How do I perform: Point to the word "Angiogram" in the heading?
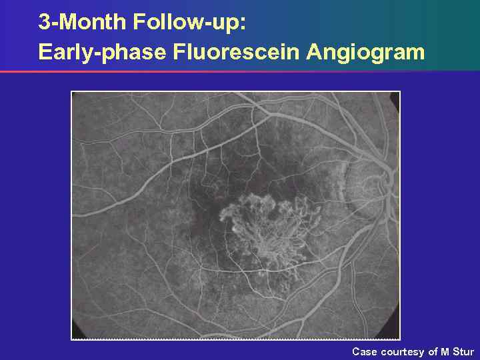click(x=365, y=51)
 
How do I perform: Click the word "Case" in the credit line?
click(x=365, y=351)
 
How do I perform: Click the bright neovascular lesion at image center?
click(x=267, y=230)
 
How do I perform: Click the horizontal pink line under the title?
click(x=200, y=71)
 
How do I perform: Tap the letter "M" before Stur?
click(x=445, y=351)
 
